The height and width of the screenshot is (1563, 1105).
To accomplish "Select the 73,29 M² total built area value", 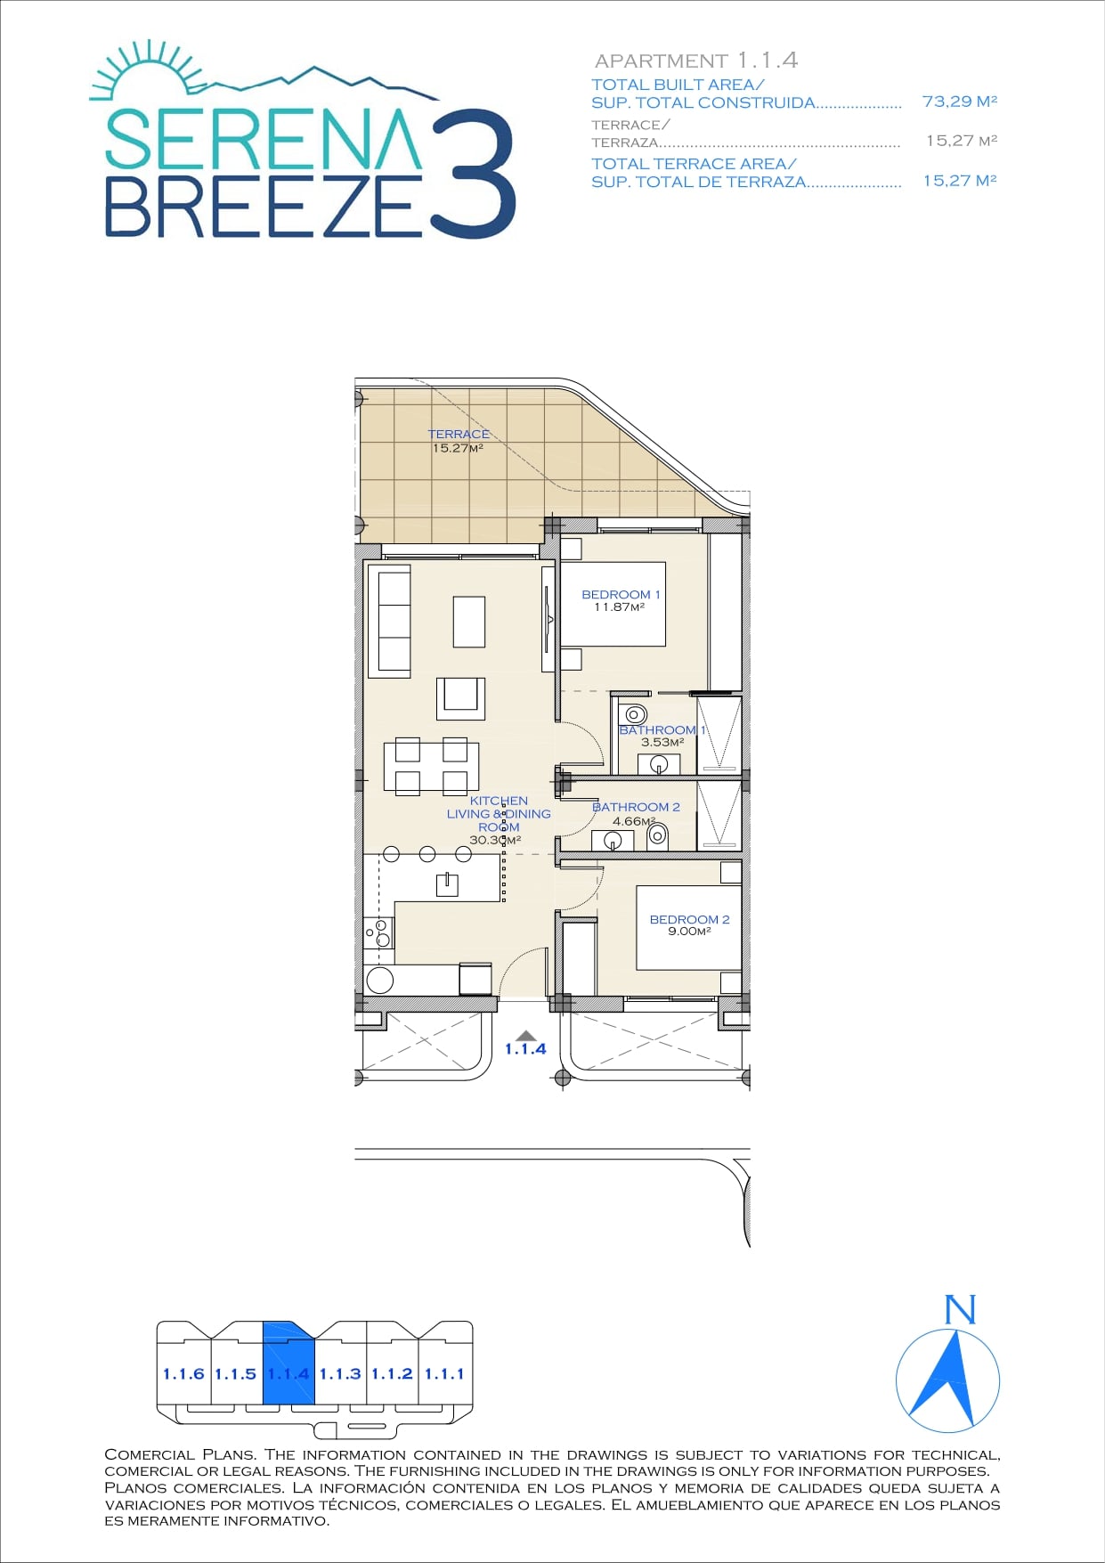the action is (x=959, y=102).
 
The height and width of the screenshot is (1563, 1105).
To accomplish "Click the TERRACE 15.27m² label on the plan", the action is (x=458, y=441).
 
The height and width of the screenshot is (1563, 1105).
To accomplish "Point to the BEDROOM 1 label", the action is (x=621, y=594).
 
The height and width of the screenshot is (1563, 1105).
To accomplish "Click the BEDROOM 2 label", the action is (x=689, y=919).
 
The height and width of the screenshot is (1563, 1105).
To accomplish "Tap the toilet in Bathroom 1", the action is (x=636, y=714).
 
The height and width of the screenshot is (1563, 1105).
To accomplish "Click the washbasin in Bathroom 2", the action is (x=613, y=840).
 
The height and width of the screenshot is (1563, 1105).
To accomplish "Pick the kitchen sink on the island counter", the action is (x=446, y=883).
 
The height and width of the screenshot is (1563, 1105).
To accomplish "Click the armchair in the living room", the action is (x=460, y=698).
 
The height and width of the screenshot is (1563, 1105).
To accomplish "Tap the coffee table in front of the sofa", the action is (x=469, y=622).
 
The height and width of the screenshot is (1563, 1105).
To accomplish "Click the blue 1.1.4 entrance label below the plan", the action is (x=525, y=1049).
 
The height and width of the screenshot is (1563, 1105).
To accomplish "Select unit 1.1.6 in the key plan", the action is (x=183, y=1374).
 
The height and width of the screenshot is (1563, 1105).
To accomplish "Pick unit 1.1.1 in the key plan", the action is (x=445, y=1374).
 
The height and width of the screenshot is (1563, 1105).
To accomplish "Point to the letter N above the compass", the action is (x=960, y=1310).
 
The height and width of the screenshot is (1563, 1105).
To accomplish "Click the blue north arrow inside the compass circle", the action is (x=949, y=1376).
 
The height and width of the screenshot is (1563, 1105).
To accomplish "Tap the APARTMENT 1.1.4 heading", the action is (x=696, y=61).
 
